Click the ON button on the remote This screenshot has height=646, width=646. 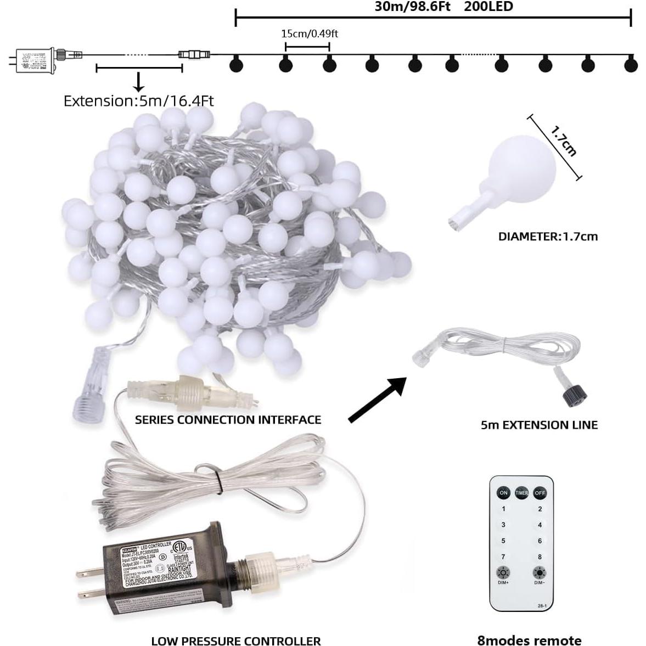tap(503, 492)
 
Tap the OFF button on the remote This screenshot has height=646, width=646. tap(540, 492)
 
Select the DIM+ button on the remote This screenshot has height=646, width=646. tap(503, 573)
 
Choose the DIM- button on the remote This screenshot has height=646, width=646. tap(540, 573)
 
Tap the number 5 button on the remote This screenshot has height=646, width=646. tap(503, 541)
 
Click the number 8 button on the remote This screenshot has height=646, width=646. tap(540, 557)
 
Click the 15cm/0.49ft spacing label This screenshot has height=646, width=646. tap(309, 33)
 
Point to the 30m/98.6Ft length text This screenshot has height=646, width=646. tap(412, 7)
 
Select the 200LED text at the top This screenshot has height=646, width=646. tap(488, 7)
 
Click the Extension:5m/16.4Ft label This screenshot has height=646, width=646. tap(138, 101)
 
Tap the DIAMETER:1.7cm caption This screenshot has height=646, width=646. tap(548, 237)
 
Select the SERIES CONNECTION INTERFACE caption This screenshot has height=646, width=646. tap(228, 420)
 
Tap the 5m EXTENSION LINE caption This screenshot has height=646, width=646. tap(539, 425)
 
